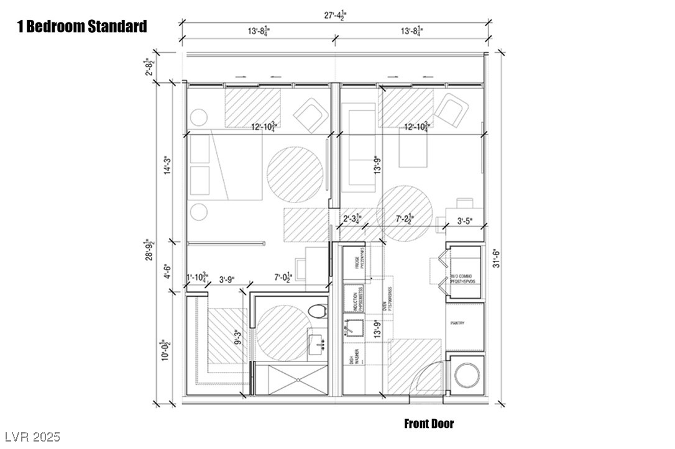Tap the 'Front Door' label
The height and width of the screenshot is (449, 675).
click(429, 424)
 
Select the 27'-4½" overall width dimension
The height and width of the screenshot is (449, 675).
click(336, 15)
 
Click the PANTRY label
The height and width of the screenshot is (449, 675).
click(457, 324)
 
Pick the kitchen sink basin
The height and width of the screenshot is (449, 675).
click(355, 327)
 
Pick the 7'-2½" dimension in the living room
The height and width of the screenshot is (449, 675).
click(405, 219)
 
